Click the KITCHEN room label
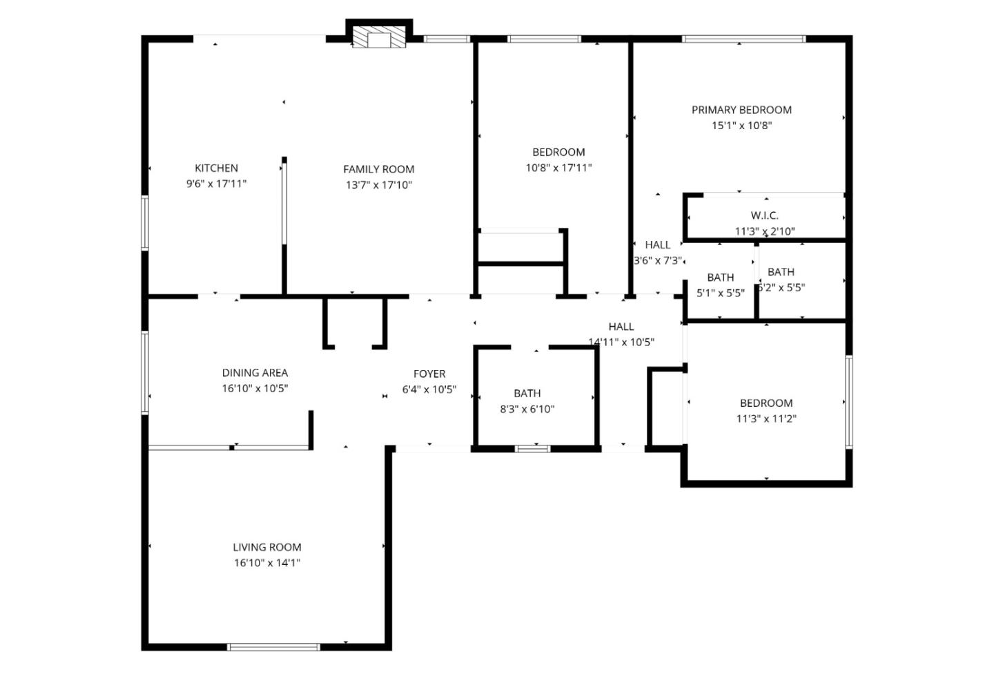pos(216,168)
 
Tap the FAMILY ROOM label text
pos(378,169)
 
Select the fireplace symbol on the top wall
pos(378,38)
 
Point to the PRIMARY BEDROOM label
pos(741,110)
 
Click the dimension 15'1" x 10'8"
pos(741,126)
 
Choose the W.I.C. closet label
pos(764,216)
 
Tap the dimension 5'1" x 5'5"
pos(720,293)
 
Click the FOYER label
pos(429,374)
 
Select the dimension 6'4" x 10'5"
pos(429,389)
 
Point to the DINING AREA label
pos(255,373)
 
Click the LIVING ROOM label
pos(266,548)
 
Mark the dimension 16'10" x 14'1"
pos(266,563)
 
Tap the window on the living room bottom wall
pos(273,647)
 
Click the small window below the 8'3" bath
pos(533,449)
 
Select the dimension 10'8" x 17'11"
pos(558,168)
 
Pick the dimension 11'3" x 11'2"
pos(766,418)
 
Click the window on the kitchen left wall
pos(145,222)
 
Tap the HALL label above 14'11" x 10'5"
pos(621,327)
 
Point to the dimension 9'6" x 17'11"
pos(216,184)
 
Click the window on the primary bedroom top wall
pos(743,39)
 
